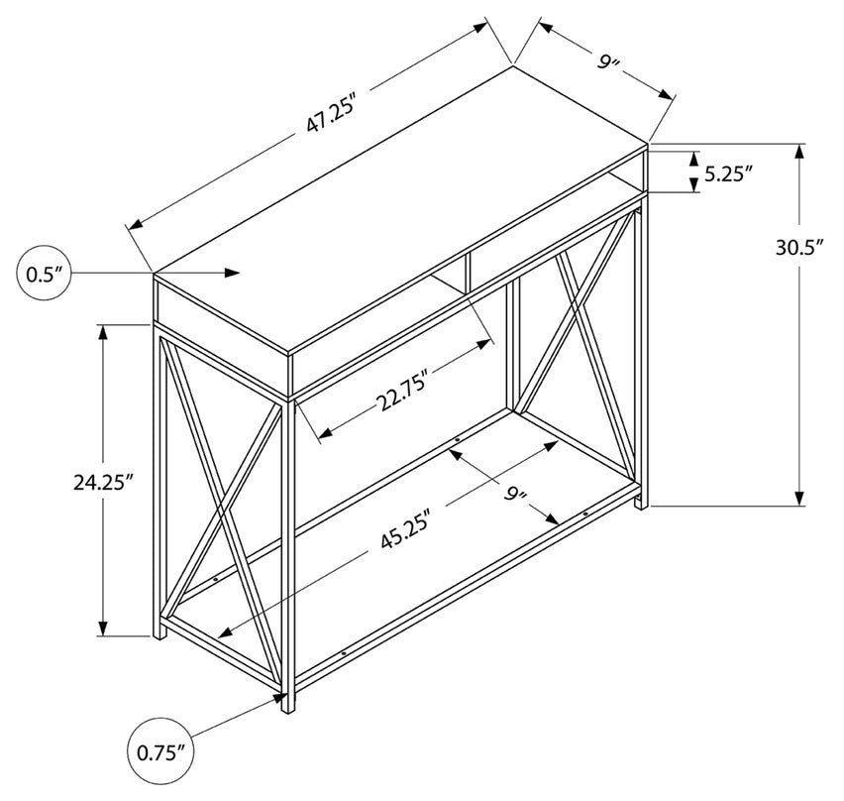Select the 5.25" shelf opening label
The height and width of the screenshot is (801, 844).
pyautogui.click(x=728, y=173)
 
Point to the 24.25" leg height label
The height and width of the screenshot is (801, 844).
pyautogui.click(x=103, y=482)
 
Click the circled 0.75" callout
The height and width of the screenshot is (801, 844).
pyautogui.click(x=160, y=752)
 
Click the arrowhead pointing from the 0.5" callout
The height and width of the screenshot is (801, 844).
pyautogui.click(x=232, y=273)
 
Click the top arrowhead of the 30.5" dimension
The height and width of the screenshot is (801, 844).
pyautogui.click(x=799, y=152)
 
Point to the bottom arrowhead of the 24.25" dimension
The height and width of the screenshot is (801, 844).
pyautogui.click(x=103, y=629)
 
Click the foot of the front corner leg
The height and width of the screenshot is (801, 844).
pyautogui.click(x=288, y=707)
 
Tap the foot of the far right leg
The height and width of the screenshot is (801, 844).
pyautogui.click(x=642, y=504)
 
